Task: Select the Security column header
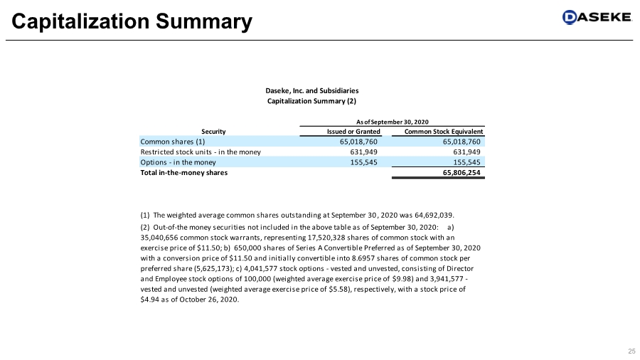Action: tap(213, 132)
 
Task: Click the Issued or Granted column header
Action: tap(353, 132)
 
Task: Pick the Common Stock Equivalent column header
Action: tap(444, 132)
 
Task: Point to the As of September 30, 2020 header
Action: tap(391, 122)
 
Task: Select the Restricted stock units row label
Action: tap(201, 152)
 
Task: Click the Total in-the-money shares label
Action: tap(184, 172)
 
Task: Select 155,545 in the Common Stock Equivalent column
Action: tap(467, 162)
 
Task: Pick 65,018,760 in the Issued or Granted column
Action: tap(358, 142)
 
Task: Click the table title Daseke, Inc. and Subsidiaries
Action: tap(311, 90)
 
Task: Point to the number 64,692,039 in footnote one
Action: tap(428, 214)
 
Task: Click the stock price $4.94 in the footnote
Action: tap(151, 300)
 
